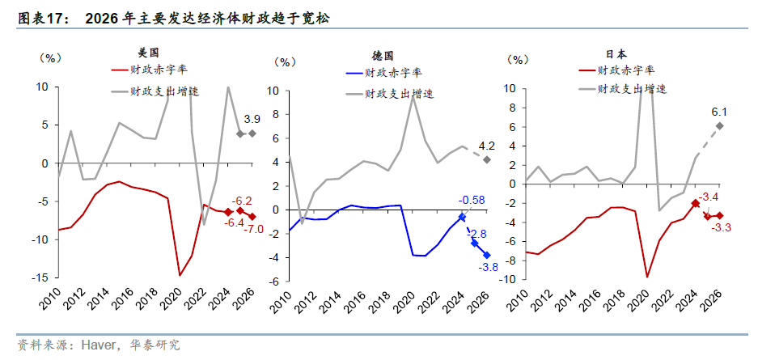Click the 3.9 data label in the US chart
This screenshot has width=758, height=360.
(x=252, y=119)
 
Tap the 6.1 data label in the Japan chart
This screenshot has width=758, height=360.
(x=720, y=112)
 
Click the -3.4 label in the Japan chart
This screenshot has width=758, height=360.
(x=707, y=196)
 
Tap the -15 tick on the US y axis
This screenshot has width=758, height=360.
(x=36, y=277)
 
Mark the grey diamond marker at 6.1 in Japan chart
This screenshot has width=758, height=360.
(x=719, y=125)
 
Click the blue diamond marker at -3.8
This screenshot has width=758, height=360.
(x=487, y=255)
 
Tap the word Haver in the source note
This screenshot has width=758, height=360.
(x=97, y=345)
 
